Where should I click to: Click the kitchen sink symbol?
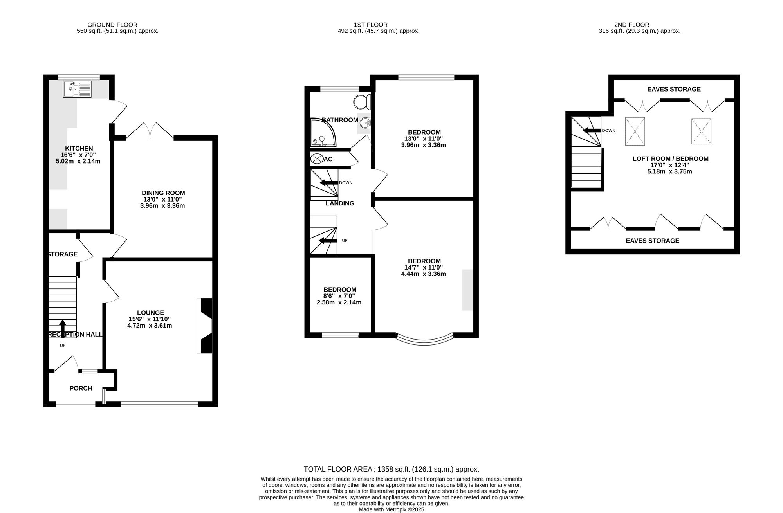point(77,89)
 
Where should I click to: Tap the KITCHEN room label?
point(79,149)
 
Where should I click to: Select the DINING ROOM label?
point(163,193)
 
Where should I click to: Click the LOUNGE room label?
point(150,313)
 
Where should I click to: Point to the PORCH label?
point(81,388)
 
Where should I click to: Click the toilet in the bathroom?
point(362,102)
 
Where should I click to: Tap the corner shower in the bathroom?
point(323,133)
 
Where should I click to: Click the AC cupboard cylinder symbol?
point(316,159)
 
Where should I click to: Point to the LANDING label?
point(340,203)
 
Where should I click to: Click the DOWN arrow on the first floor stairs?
point(329,183)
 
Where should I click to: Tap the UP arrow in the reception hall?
point(62,328)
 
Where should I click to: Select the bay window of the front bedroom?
point(425,340)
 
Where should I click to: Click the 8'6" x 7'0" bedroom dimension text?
point(339,296)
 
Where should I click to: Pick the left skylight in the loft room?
point(635,131)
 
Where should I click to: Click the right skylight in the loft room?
point(701,131)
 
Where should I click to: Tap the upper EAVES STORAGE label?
point(674,89)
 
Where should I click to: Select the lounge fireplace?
point(205,326)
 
